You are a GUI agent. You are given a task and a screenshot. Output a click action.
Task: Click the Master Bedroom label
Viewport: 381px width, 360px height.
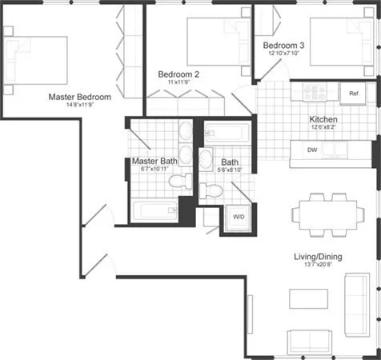point(79,97)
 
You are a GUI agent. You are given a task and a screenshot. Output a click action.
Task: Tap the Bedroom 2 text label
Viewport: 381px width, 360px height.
point(178,74)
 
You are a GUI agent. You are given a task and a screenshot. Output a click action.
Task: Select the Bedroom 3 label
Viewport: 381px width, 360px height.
point(284,46)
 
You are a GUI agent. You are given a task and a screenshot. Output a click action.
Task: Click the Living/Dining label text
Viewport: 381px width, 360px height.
point(317,256)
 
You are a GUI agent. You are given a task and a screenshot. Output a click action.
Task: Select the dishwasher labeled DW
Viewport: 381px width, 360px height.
point(314,150)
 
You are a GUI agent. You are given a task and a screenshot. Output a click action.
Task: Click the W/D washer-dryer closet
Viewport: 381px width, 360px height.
point(239,217)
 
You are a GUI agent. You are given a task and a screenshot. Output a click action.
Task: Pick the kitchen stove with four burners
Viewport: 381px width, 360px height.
point(311,92)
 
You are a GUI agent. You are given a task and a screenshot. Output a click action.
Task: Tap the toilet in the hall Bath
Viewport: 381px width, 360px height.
point(210,190)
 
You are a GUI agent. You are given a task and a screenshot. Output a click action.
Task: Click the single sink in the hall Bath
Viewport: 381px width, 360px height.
point(205,156)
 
